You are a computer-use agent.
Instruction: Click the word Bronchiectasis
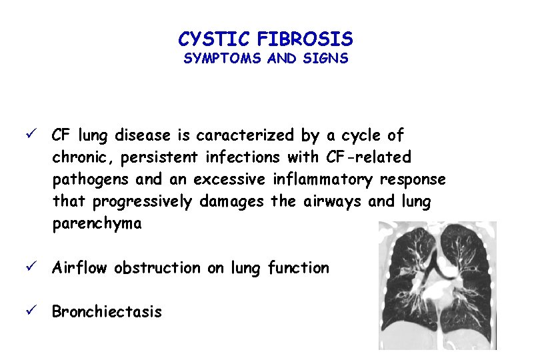tap(107, 312)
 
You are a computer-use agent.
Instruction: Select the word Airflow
tap(79, 268)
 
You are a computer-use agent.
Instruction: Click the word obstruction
tap(157, 268)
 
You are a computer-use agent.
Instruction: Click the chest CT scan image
tap(437, 285)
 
